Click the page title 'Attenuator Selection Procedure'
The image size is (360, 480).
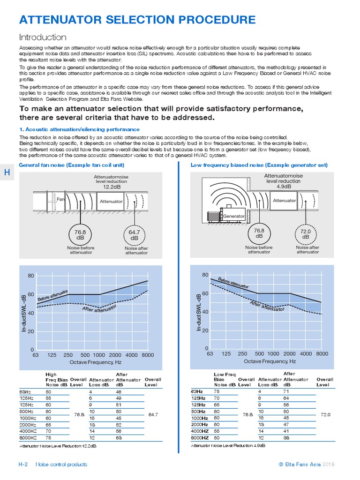(x=137, y=20)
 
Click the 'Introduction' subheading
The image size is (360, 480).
(x=42, y=37)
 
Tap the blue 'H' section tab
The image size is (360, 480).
(x=7, y=172)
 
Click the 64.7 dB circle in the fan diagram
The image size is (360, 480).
(x=135, y=234)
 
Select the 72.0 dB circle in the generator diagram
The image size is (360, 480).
(x=306, y=233)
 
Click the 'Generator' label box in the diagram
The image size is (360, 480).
(x=234, y=216)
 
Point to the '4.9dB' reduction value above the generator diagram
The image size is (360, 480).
(x=284, y=186)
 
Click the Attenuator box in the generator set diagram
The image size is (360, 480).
(x=285, y=200)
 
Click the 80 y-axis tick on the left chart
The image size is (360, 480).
(x=30, y=276)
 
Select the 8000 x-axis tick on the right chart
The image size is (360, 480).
(x=322, y=353)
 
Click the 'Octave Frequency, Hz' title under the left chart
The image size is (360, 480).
(x=95, y=362)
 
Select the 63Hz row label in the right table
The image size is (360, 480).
(x=197, y=390)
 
